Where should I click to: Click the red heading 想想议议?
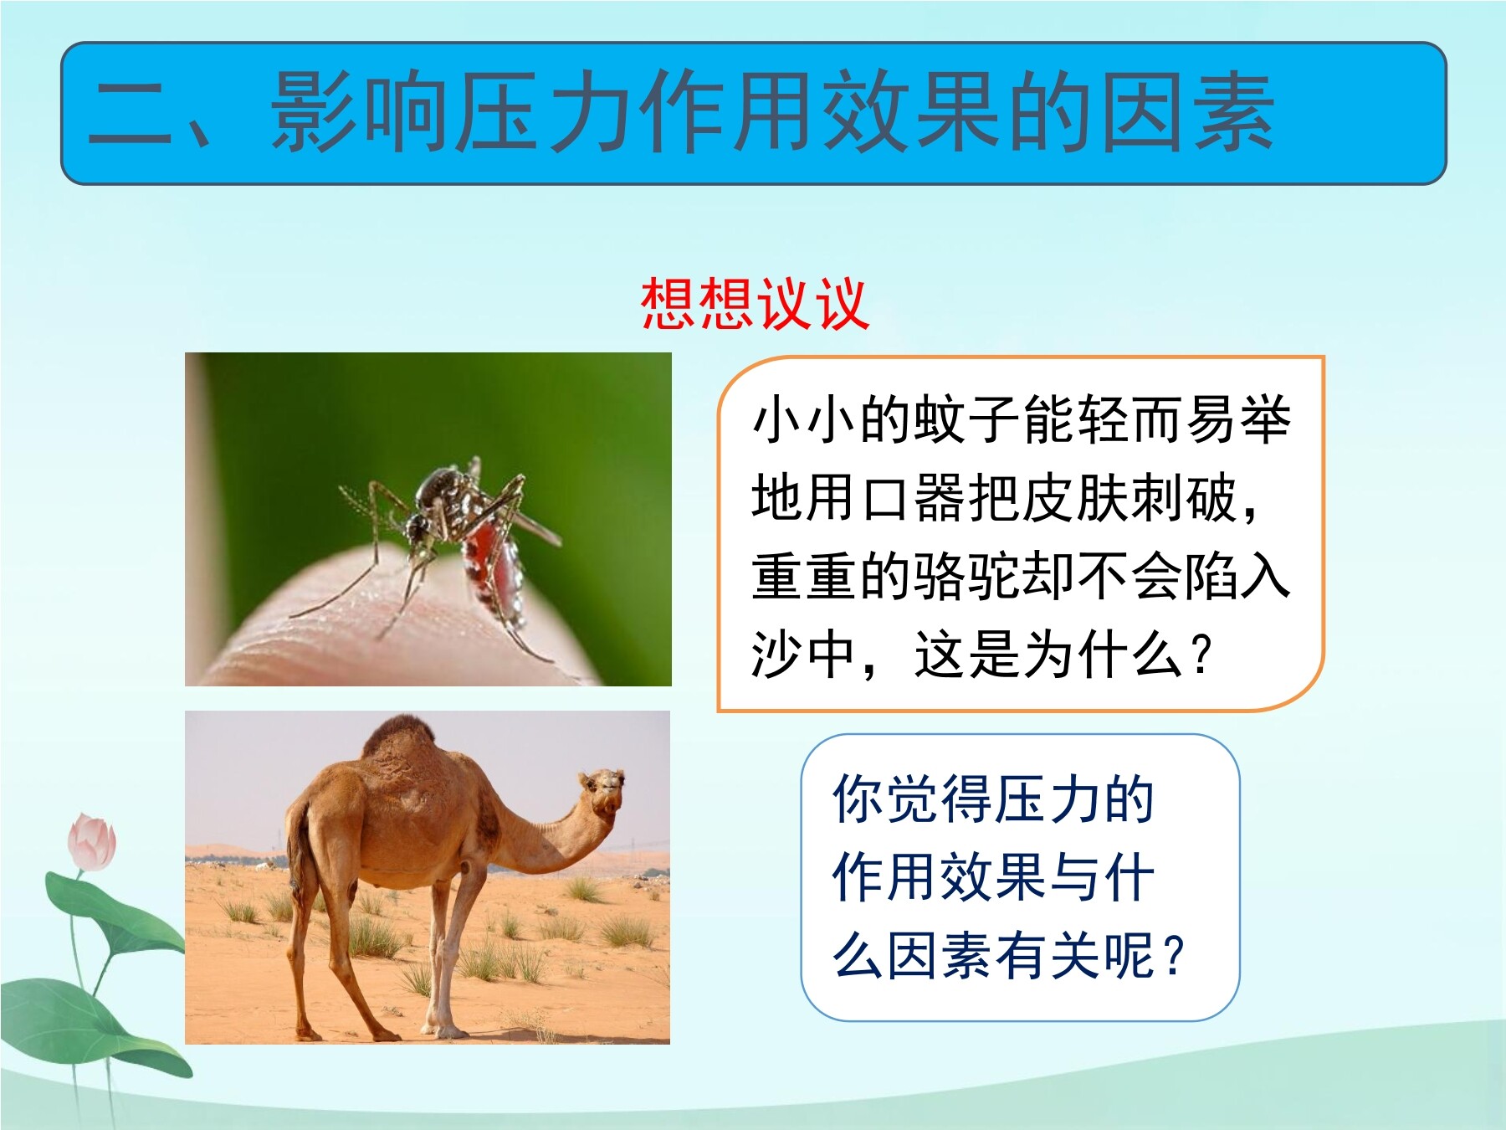[x=755, y=304]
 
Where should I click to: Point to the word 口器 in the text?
[x=914, y=498]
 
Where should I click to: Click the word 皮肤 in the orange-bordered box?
[x=1076, y=498]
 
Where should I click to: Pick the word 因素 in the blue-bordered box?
[x=942, y=956]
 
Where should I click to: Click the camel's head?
[x=604, y=792]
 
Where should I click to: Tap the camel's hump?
[x=400, y=741]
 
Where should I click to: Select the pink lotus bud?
[x=92, y=842]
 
